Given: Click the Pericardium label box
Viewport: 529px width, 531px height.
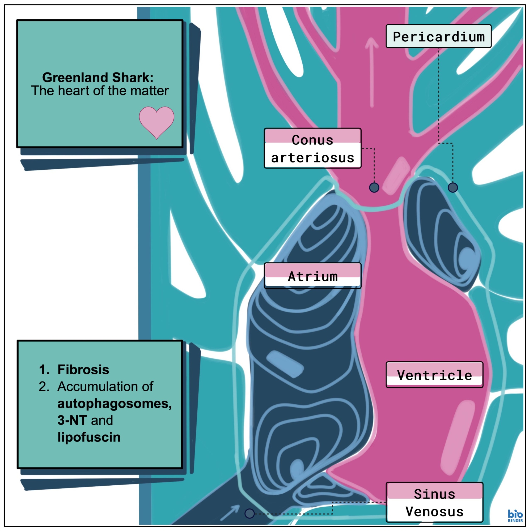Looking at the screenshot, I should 438,37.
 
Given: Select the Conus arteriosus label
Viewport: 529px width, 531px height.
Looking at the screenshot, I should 312,148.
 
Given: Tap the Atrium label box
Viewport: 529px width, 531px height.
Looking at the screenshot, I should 312,276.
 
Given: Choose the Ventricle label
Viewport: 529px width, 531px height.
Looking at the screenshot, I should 434,375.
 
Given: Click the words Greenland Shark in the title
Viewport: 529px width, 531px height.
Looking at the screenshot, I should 98,78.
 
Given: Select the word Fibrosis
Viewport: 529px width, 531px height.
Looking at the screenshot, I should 83,370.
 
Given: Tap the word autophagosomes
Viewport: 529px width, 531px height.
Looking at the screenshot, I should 115,404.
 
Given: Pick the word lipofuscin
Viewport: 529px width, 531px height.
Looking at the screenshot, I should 89,437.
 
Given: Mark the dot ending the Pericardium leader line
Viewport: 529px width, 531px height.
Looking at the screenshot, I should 452,187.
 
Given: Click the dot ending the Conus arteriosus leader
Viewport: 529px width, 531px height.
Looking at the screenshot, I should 374,187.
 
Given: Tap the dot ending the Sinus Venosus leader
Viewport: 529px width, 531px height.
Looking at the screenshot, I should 249,513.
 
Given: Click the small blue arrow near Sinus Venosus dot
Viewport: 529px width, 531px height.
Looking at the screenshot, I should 230,513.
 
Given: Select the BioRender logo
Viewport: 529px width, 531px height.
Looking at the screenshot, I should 515,516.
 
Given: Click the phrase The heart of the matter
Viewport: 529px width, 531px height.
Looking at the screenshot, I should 100,91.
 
